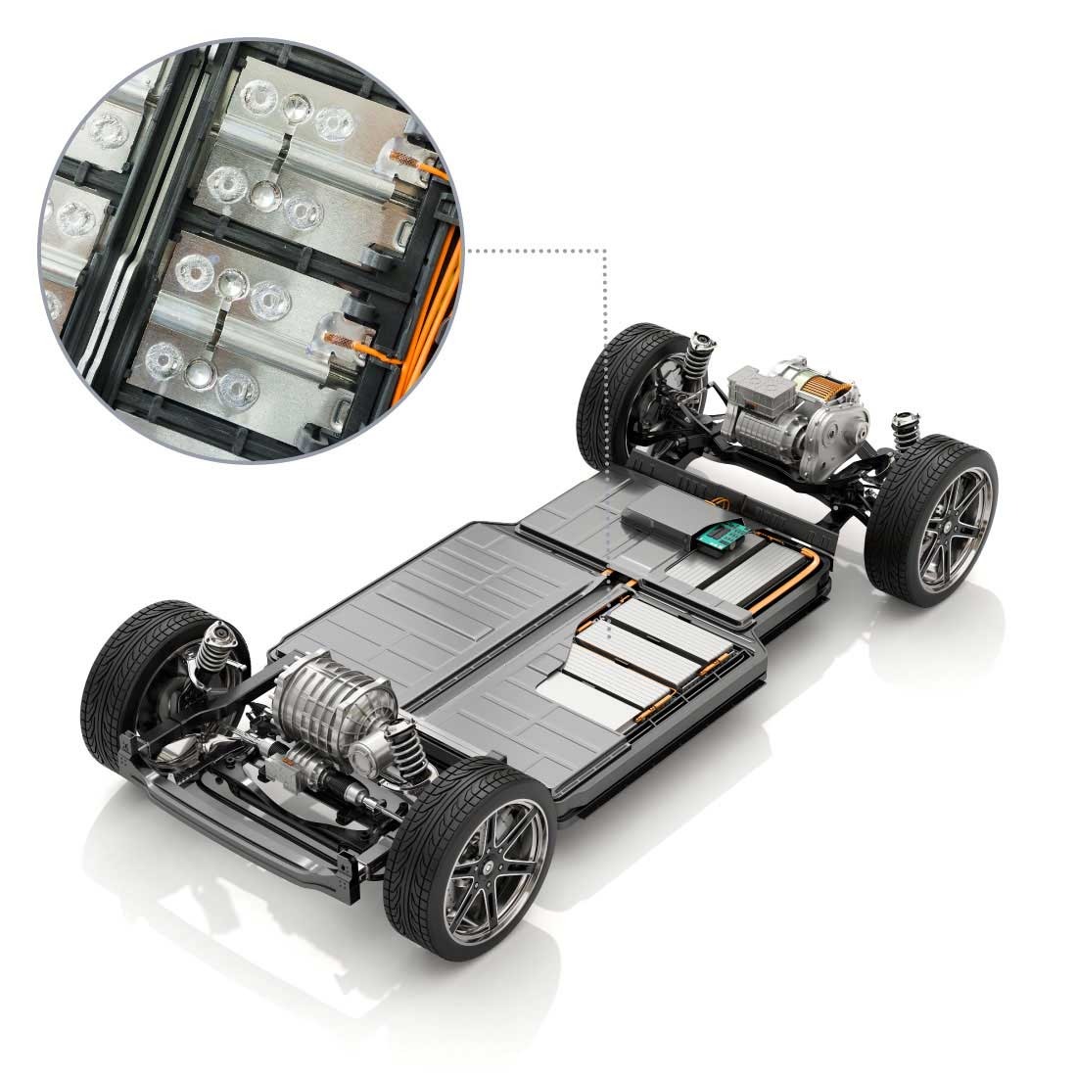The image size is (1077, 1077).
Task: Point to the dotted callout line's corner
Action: (x=607, y=251)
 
